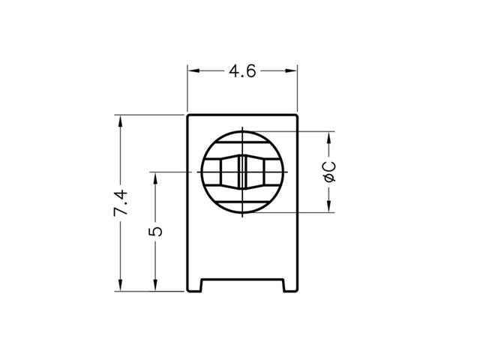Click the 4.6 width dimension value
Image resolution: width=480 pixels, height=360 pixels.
pos(241,72)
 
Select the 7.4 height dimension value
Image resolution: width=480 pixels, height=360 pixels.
pos(121,203)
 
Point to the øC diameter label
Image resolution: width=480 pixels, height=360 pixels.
pos(328,172)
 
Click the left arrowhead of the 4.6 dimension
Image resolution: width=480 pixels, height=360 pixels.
pos(192,72)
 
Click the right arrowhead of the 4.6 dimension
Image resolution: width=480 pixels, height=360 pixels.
pos(293,72)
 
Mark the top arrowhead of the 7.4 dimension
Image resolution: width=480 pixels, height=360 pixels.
pos(119,121)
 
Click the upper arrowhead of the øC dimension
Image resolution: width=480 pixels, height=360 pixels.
pos(328,137)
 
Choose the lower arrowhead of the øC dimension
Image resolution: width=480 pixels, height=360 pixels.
pos(328,207)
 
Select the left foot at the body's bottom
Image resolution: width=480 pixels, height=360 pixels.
pos(193,285)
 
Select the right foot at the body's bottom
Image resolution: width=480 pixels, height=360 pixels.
pos(291,285)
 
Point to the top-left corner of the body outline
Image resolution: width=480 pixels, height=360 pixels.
pos(187,115)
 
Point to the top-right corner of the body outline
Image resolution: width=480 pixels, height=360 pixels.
pos(298,115)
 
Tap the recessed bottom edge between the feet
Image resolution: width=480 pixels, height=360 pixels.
pos(242,280)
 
